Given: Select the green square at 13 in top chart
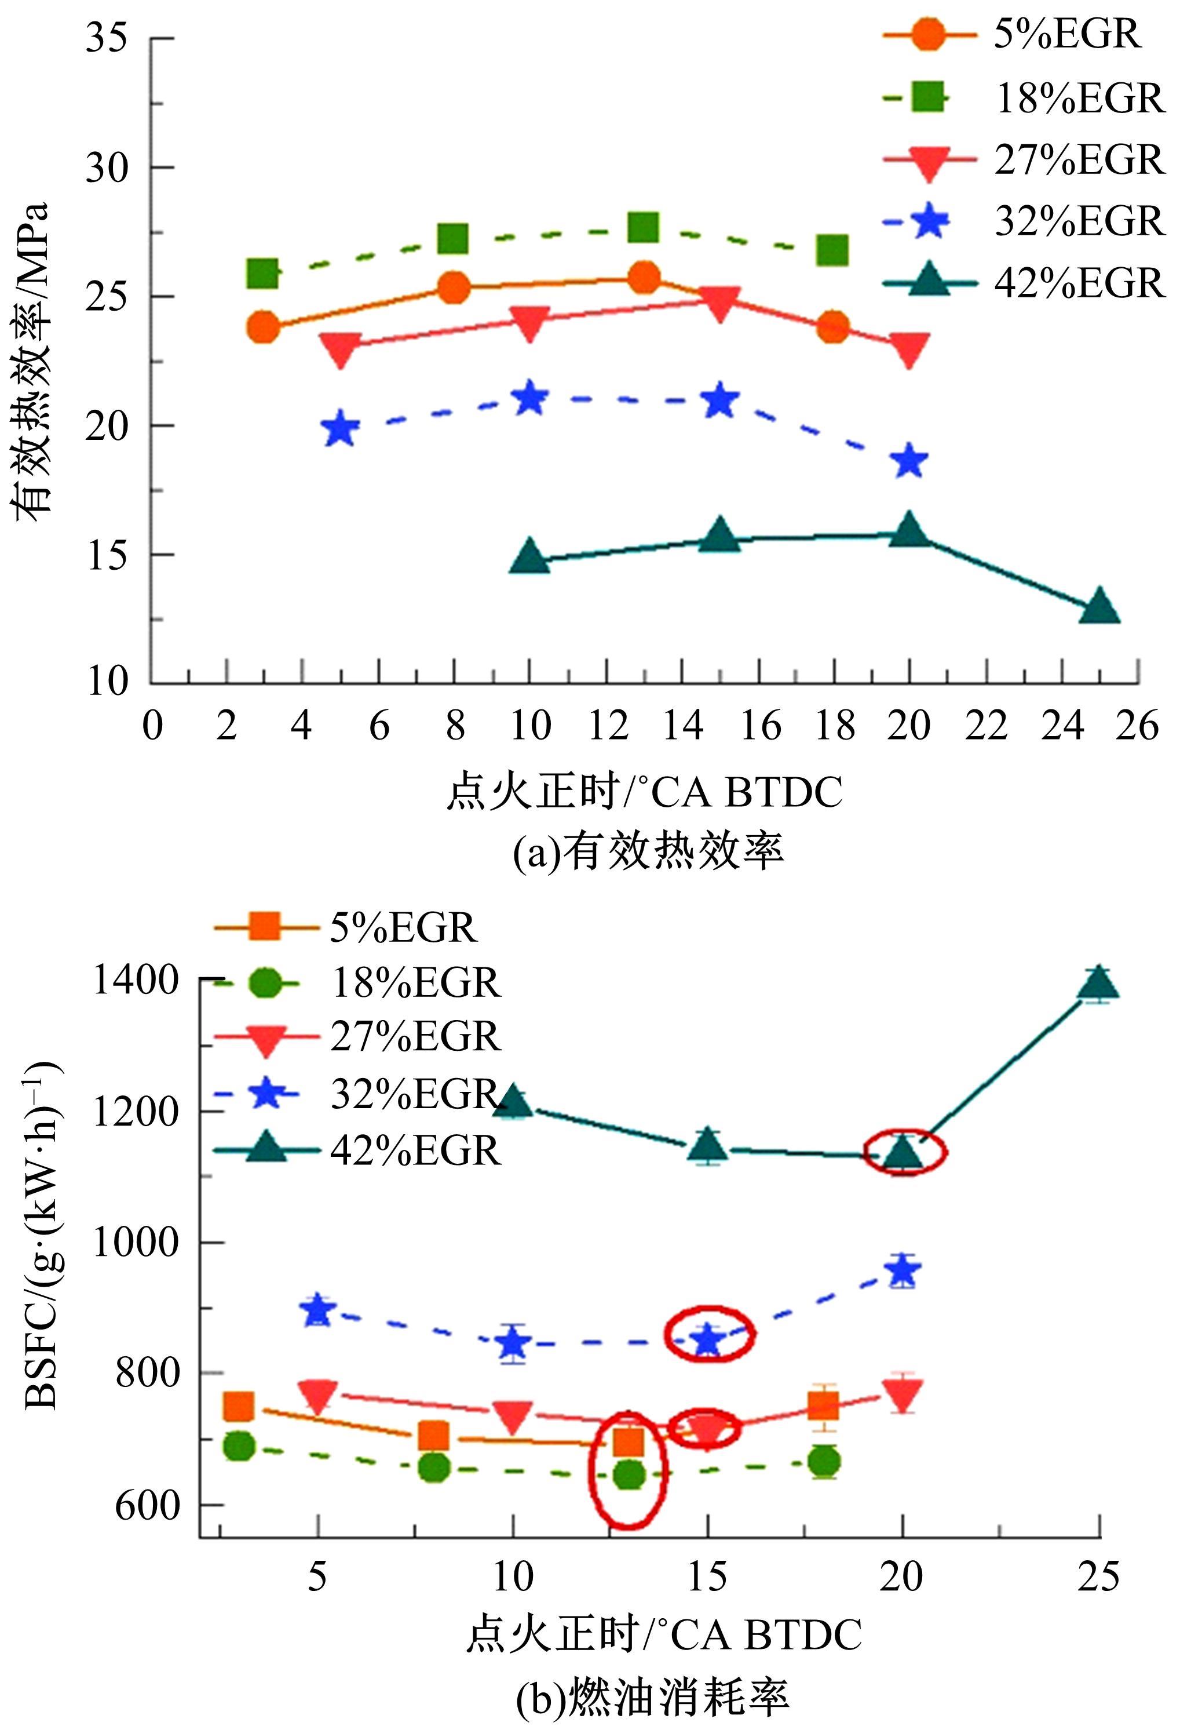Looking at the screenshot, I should click(643, 228).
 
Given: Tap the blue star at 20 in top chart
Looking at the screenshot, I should click(909, 461).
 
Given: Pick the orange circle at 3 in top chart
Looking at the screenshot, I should click(262, 327).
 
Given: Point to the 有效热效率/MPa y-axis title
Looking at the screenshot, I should click(31, 358).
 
